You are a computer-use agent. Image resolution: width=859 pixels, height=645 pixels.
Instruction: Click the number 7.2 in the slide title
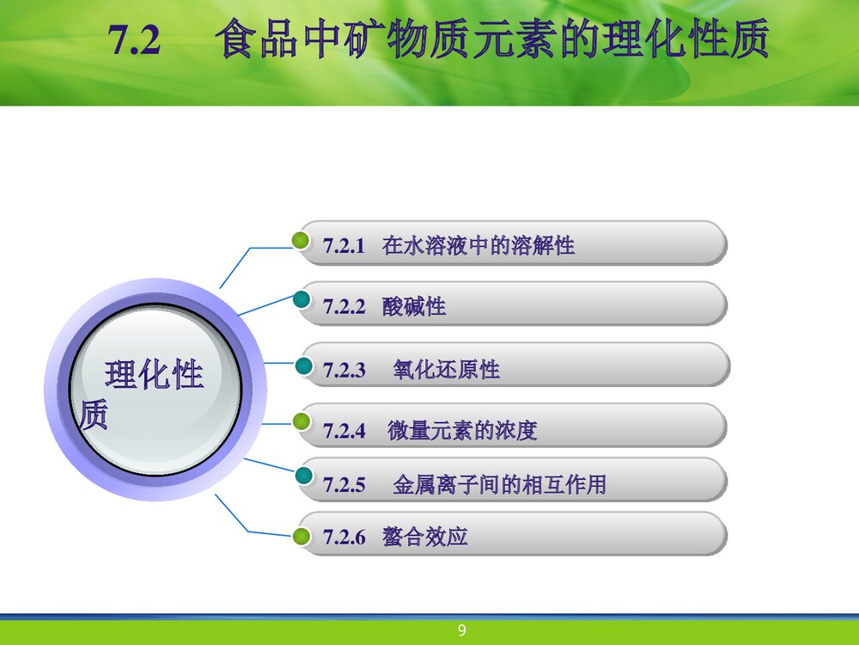[134, 40]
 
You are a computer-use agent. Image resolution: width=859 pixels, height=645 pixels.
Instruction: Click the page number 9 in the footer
[462, 630]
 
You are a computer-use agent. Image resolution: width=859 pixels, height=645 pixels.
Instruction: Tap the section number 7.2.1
[344, 246]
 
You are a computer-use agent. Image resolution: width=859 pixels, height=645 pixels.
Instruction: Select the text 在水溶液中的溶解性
[478, 245]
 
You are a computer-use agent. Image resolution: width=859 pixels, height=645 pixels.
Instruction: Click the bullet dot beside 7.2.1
[300, 240]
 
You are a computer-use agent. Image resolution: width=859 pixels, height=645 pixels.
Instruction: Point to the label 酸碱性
[414, 306]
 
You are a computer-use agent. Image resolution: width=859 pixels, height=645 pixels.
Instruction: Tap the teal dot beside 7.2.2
[302, 299]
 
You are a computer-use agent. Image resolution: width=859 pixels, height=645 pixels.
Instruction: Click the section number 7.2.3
[344, 370]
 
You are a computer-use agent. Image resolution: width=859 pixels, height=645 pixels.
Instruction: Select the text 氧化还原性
[447, 369]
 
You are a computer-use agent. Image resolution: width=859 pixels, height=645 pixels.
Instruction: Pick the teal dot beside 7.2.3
[303, 365]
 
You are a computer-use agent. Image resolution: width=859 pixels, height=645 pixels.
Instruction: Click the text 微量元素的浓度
[462, 430]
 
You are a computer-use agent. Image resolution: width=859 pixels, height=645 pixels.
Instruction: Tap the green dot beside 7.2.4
[302, 421]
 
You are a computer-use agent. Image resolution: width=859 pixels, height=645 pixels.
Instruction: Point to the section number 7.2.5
[344, 485]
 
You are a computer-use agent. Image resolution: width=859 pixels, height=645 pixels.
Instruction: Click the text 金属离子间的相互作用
[500, 483]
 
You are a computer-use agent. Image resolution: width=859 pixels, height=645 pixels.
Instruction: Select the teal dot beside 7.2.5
[304, 476]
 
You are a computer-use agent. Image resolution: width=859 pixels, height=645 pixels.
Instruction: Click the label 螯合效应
[425, 536]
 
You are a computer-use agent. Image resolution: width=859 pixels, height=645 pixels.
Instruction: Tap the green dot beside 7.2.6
[302, 536]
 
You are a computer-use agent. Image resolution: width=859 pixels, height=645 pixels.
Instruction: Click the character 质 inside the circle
[93, 415]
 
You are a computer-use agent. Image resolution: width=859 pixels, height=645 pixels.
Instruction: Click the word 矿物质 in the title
[407, 39]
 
